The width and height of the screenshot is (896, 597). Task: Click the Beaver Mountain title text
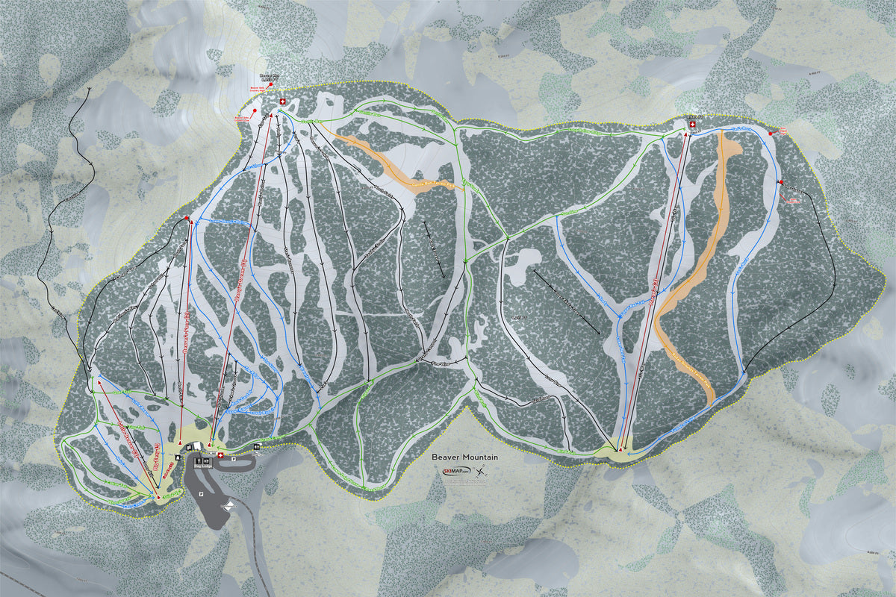pos(464,457)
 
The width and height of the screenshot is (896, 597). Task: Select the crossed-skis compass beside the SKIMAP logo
pos(481,471)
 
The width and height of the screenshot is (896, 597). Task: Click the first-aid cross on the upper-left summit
pos(282,102)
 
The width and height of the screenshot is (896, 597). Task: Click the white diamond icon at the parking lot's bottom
pos(229,506)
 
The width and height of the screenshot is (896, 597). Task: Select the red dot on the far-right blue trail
pos(780,183)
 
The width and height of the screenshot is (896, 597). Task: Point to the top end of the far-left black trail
pos(90,88)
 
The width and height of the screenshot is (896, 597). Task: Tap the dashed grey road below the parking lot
pos(258,552)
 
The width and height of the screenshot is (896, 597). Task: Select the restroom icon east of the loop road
pos(257,447)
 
